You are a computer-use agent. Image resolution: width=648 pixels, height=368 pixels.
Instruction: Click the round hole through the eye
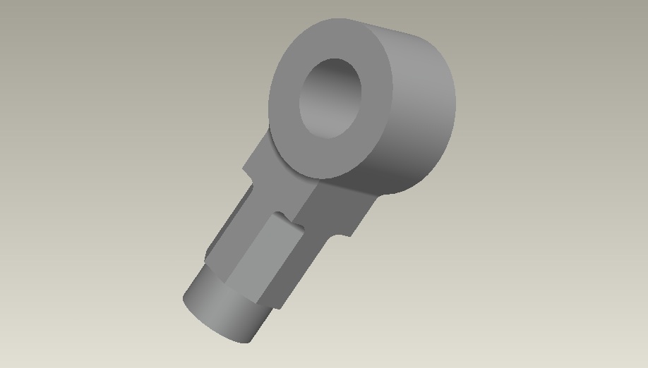tap(330, 98)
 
